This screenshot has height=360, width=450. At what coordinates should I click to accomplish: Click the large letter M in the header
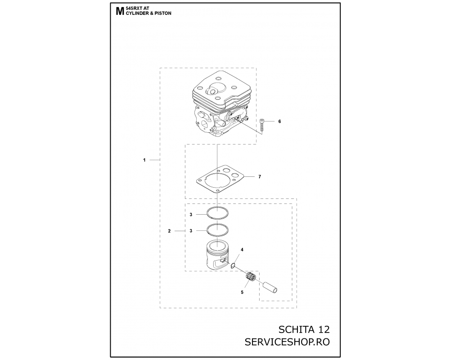pyautogui.click(x=120, y=11)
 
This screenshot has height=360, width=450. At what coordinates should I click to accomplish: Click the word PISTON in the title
pyautogui.click(x=164, y=13)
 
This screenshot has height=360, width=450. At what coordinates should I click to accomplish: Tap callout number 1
pyautogui.click(x=144, y=160)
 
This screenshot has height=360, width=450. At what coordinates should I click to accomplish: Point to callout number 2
pyautogui.click(x=169, y=231)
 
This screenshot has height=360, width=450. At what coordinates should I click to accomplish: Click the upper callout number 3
pyautogui.click(x=191, y=215)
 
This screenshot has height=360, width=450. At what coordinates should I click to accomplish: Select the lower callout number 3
pyautogui.click(x=191, y=231)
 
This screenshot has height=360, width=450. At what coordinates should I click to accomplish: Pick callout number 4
pyautogui.click(x=242, y=250)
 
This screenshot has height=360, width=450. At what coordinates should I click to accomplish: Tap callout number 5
pyautogui.click(x=242, y=292)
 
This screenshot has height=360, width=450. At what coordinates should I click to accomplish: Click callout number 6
pyautogui.click(x=279, y=121)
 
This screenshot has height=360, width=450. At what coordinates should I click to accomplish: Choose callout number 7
pyautogui.click(x=260, y=176)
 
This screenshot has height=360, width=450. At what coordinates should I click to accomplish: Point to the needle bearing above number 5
pyautogui.click(x=250, y=277)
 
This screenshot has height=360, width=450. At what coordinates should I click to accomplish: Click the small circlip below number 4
pyautogui.click(x=233, y=265)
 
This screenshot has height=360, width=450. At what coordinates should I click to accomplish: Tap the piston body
pyautogui.click(x=217, y=255)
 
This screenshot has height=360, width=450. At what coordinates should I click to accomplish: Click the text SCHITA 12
pyautogui.click(x=304, y=329)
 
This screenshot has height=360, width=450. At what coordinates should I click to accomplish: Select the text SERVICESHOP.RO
pyautogui.click(x=287, y=342)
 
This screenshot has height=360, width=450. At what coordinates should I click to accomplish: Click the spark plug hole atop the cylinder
pyautogui.click(x=213, y=91)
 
